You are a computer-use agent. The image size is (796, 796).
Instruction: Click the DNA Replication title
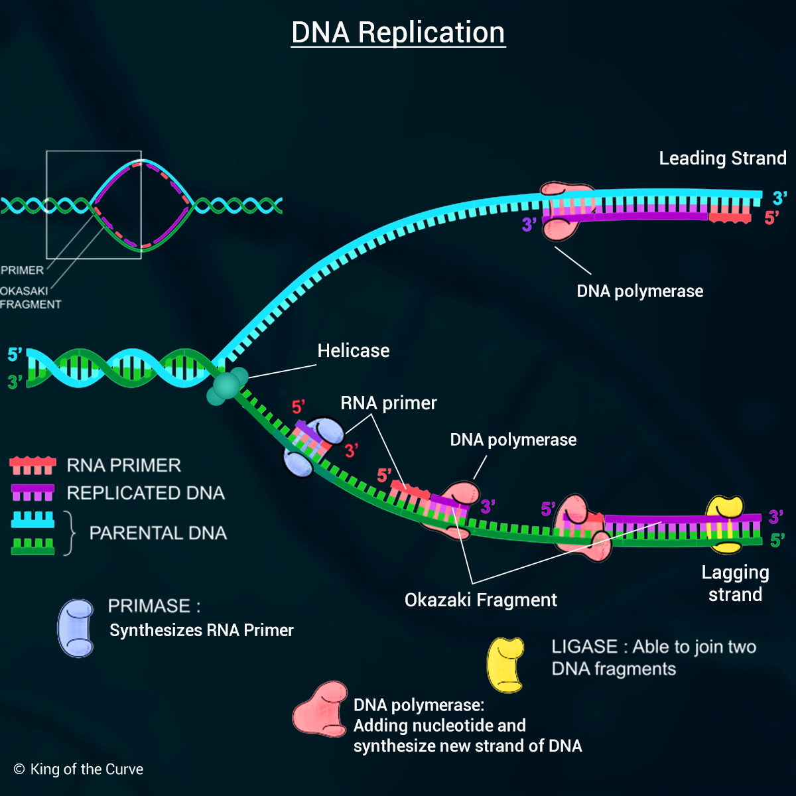point(398,33)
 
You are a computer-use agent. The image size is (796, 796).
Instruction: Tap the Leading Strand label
point(722,159)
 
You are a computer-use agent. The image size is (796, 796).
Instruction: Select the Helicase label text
point(354,351)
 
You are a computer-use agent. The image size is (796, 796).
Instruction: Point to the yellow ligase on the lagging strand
point(724,524)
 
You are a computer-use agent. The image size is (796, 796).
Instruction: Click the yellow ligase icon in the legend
point(505,665)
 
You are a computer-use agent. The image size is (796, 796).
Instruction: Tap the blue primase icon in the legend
point(76,628)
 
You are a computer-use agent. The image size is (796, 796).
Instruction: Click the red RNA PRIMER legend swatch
point(33,466)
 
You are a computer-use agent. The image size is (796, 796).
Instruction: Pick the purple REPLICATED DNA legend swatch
point(33,493)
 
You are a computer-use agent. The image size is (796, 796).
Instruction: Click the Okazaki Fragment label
point(480,600)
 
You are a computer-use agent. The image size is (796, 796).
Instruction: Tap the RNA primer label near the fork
point(389,403)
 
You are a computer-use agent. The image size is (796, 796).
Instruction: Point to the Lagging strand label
point(735,584)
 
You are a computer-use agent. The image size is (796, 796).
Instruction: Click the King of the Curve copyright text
point(79,769)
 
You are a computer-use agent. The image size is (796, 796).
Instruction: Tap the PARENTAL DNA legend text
point(158,533)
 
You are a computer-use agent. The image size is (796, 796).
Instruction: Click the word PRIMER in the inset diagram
point(22,271)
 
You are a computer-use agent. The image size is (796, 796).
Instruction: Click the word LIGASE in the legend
point(584,647)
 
